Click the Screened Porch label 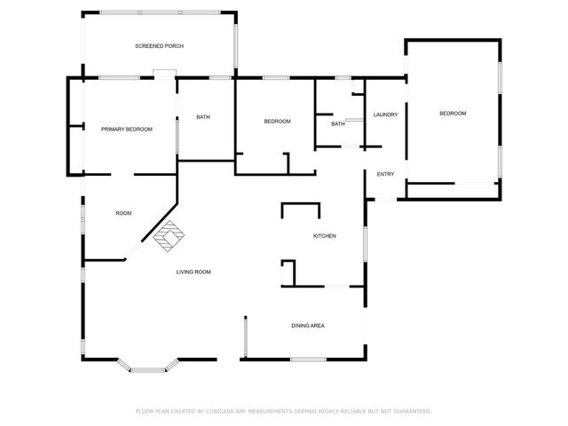159,45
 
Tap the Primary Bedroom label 127,130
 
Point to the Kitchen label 324,236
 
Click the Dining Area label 308,326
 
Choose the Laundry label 385,114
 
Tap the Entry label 385,174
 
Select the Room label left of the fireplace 123,213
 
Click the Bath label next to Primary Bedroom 202,117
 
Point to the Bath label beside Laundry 337,124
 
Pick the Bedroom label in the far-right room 453,114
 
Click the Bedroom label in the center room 277,122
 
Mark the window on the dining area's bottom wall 309,359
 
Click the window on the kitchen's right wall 365,244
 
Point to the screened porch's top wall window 160,12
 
